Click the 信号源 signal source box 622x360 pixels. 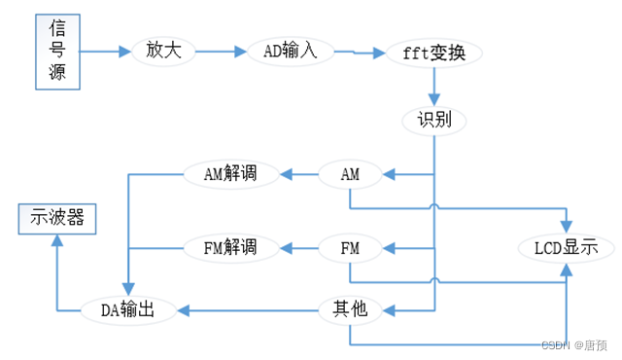click(x=57, y=52)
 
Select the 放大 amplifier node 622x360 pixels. click(x=163, y=52)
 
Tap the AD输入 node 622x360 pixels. click(x=291, y=52)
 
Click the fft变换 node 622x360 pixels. click(x=434, y=54)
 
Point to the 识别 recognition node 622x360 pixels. click(x=434, y=121)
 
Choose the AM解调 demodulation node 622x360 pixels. click(x=231, y=174)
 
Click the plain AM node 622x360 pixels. click(x=350, y=174)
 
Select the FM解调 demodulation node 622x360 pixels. click(x=231, y=248)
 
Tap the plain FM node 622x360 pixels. click(x=350, y=248)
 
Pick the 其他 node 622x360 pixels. click(x=350, y=310)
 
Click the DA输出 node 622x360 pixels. click(x=128, y=310)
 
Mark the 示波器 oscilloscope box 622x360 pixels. click(x=57, y=219)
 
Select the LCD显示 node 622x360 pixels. click(x=566, y=248)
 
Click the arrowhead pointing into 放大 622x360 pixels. click(x=125, y=52)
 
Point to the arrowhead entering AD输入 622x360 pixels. click(x=240, y=52)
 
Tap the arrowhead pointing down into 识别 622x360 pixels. click(x=434, y=100)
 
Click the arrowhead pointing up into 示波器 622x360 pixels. click(x=57, y=240)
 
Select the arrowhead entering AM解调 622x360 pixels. click(x=286, y=174)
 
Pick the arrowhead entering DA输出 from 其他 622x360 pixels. click(x=183, y=310)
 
